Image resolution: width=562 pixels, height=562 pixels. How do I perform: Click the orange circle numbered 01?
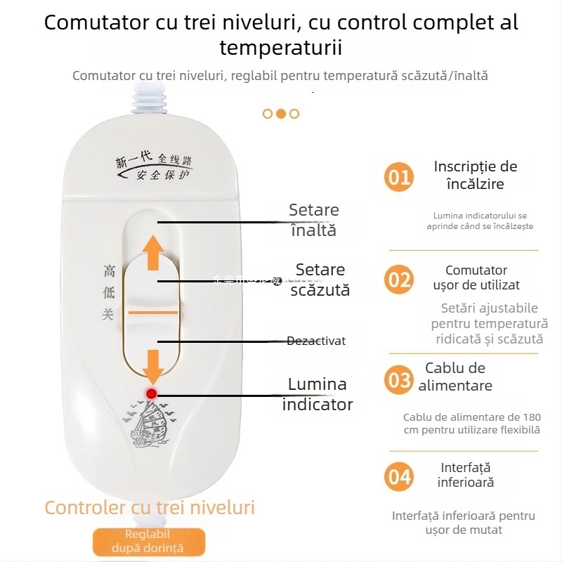pyautogui.click(x=399, y=176)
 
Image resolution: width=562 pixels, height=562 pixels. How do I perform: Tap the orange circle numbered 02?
pyautogui.click(x=399, y=280)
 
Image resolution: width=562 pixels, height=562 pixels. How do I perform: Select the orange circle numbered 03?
pyautogui.click(x=399, y=380)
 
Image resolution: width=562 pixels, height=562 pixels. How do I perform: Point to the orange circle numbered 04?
pyautogui.click(x=399, y=477)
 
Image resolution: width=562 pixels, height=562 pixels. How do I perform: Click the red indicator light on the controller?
pyautogui.click(x=151, y=393)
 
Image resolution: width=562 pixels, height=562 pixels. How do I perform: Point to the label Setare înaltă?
pyautogui.click(x=313, y=220)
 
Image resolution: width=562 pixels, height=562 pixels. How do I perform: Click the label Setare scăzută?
pyautogui.click(x=320, y=280)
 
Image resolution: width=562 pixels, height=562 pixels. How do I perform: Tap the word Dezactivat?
pyautogui.click(x=316, y=341)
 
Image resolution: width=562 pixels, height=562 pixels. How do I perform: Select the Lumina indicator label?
pyautogui.click(x=318, y=394)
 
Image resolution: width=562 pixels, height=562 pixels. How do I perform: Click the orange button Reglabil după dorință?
pyautogui.click(x=148, y=542)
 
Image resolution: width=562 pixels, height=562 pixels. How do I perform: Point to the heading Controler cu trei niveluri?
pyautogui.click(x=150, y=507)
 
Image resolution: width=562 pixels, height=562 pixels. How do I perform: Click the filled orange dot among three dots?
pyautogui.click(x=280, y=113)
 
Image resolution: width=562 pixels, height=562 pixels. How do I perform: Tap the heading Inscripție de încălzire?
pyautogui.click(x=476, y=176)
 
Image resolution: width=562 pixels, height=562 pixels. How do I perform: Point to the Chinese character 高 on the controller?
pyautogui.click(x=109, y=270)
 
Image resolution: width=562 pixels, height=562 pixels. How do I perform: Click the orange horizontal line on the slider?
pyautogui.click(x=153, y=311)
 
